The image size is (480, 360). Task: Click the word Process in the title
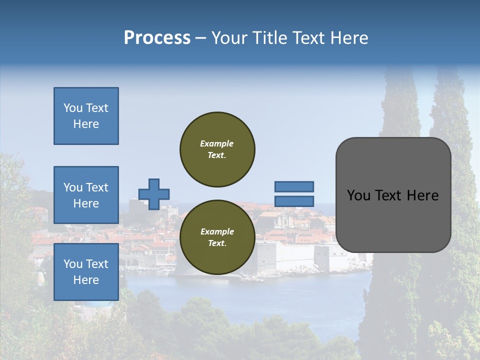(157, 38)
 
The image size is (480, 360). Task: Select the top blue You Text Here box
(86, 116)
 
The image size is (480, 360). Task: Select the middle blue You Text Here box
(86, 195)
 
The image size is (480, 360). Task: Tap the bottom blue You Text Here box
(86, 271)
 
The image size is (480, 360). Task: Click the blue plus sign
(154, 194)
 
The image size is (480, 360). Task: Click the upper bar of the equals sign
(294, 186)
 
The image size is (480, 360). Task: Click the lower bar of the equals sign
(294, 201)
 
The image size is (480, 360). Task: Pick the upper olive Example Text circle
(217, 149)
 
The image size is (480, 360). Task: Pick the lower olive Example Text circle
(217, 237)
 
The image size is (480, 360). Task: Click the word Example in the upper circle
(217, 143)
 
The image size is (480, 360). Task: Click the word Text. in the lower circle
(217, 243)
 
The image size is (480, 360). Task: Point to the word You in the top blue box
(73, 108)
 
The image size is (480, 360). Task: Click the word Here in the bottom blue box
(86, 280)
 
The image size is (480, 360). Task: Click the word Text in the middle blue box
(96, 187)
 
